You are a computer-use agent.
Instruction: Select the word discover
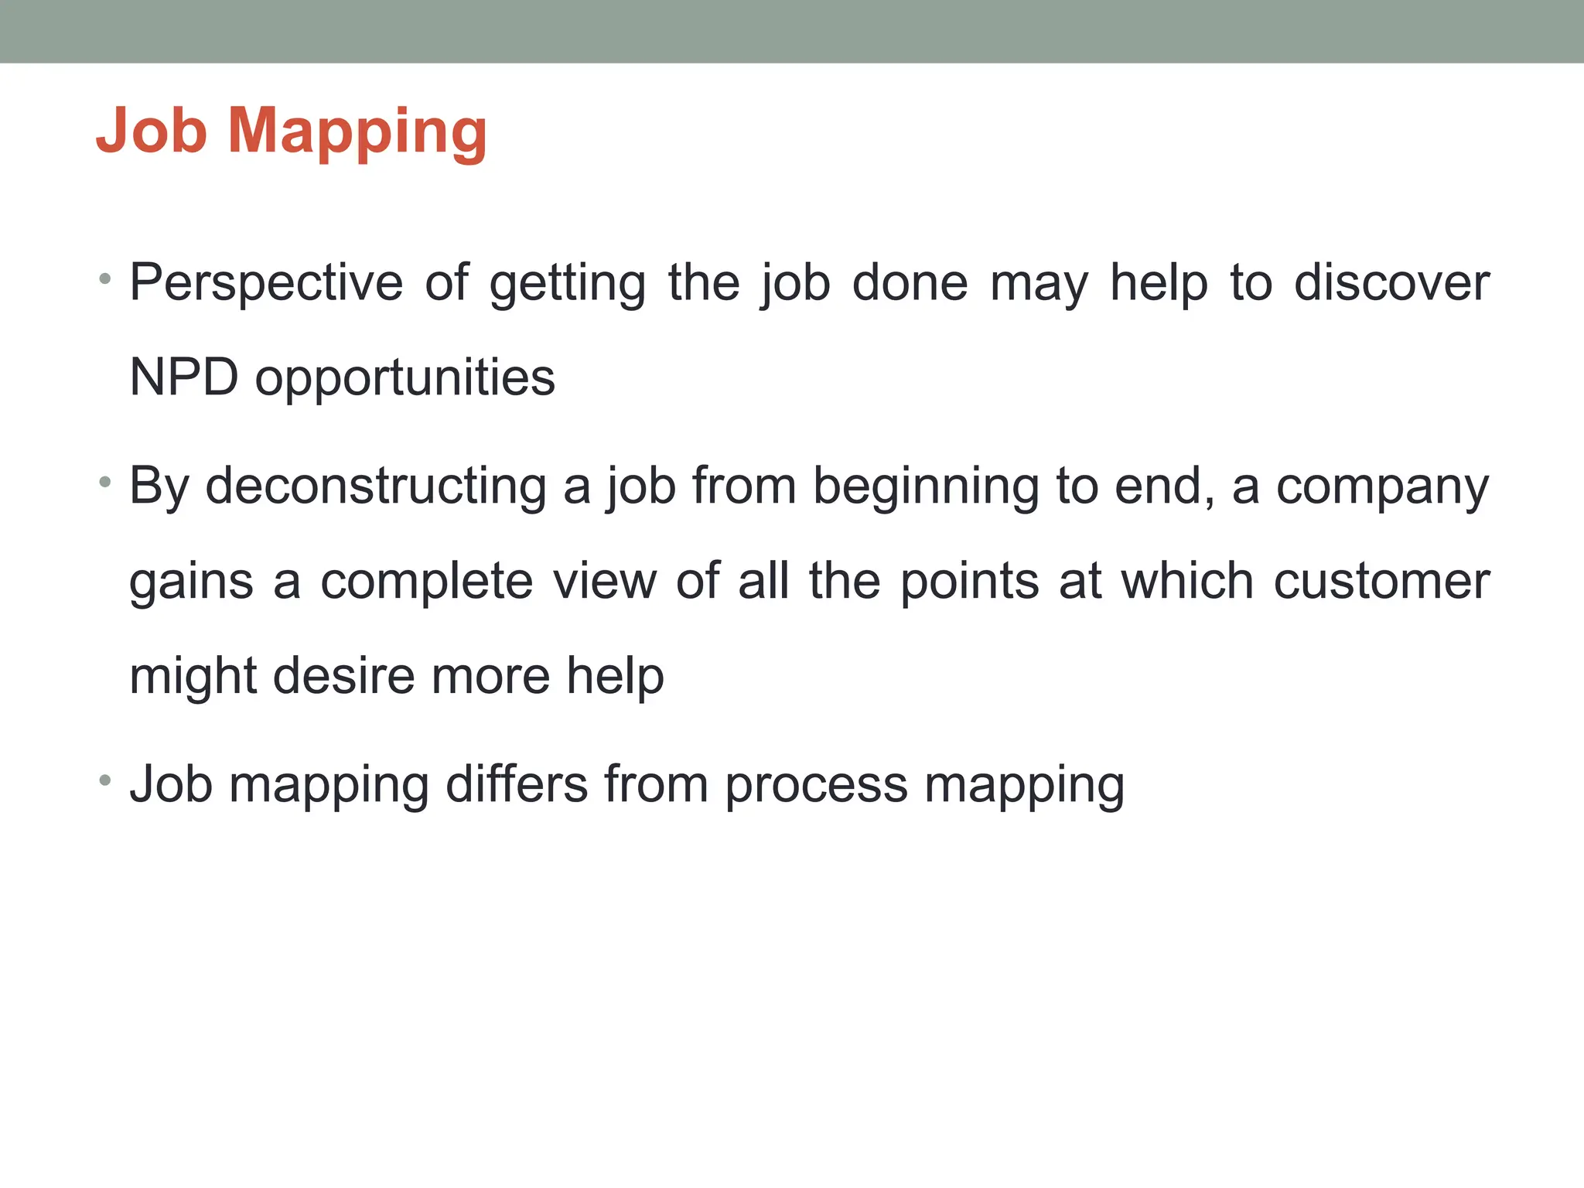[1391, 283]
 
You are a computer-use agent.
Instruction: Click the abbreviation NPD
[184, 378]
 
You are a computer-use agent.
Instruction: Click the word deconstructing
[375, 487]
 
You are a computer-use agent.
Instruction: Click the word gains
[191, 583]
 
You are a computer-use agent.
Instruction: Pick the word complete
[427, 582]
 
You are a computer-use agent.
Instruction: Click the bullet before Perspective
[105, 278]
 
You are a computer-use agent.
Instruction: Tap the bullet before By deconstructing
[105, 483]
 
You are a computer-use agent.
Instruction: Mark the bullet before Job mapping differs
[105, 780]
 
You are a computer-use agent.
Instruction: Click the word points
[970, 582]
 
